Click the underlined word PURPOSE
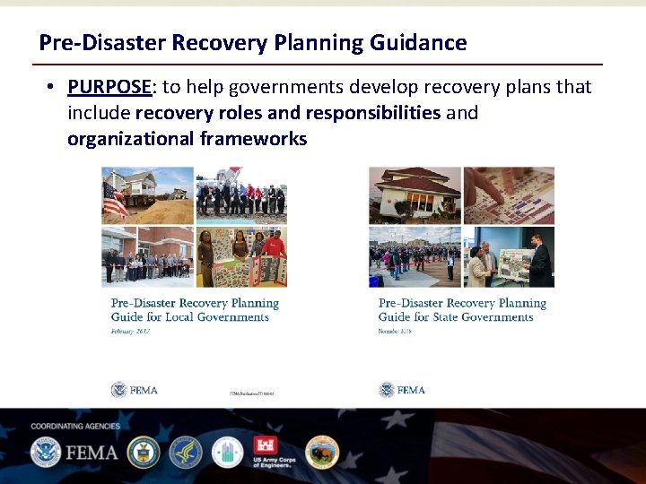(x=109, y=87)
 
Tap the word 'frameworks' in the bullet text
(x=253, y=139)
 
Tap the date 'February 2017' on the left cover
(x=130, y=331)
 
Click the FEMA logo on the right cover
(x=400, y=390)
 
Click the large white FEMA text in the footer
(x=92, y=452)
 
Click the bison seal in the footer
(x=321, y=453)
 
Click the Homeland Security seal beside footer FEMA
(x=45, y=453)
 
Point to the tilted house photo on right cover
(x=415, y=194)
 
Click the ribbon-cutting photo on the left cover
(x=148, y=258)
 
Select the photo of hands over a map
(x=509, y=194)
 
